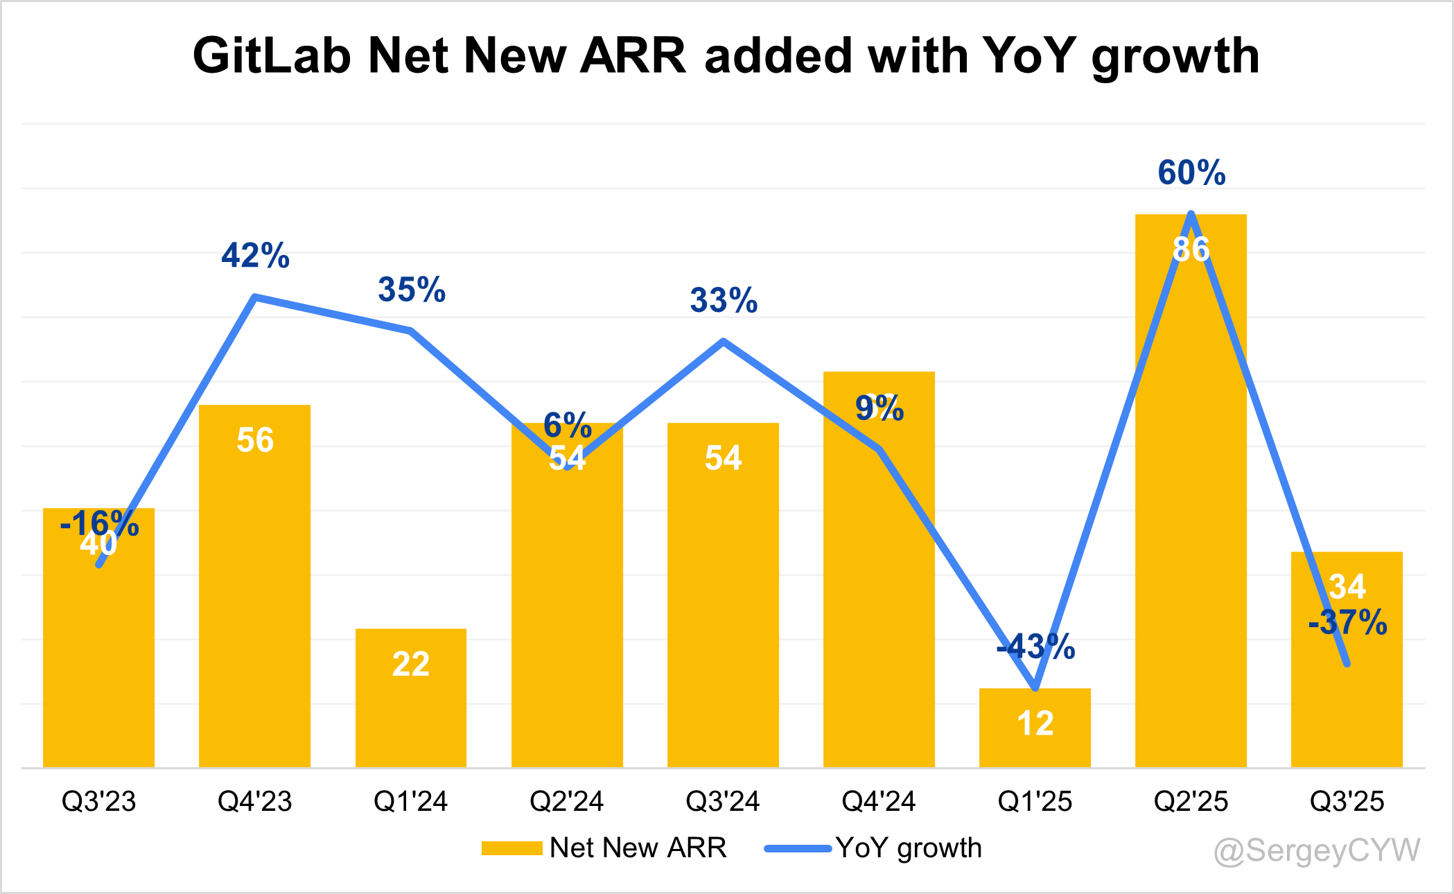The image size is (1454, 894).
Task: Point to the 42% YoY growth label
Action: (255, 256)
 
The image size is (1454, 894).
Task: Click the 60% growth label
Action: (1191, 173)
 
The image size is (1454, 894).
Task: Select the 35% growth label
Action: (411, 290)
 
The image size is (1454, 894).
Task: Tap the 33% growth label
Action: (724, 301)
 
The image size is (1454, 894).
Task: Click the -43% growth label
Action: (1035, 647)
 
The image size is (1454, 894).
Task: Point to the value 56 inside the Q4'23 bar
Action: (255, 440)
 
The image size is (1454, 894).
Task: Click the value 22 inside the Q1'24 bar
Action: (411, 664)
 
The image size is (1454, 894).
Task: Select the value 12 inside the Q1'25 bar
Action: (1035, 724)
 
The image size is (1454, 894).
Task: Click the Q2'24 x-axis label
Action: (567, 802)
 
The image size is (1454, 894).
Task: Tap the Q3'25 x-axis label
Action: (1347, 802)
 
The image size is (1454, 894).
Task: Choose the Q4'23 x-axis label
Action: (255, 802)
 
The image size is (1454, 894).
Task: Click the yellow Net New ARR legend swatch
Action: (511, 848)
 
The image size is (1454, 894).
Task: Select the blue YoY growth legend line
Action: (797, 848)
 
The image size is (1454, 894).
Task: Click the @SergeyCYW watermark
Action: (1317, 850)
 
